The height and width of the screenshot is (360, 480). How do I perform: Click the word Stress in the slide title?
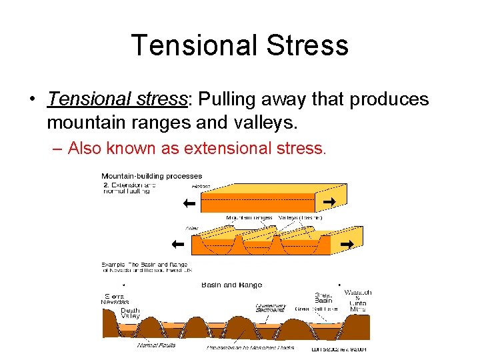pos(308,45)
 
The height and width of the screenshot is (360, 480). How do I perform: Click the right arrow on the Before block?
pos(328,201)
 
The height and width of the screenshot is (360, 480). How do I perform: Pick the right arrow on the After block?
pos(346,245)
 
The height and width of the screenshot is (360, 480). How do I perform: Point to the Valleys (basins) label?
pos(300,217)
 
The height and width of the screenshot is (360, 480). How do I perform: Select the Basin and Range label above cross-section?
pos(231,285)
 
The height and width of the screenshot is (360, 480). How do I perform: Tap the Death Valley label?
pos(130,313)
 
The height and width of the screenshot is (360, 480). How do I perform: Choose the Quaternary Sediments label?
pos(271,308)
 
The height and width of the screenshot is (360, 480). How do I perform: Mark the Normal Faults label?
pos(156,345)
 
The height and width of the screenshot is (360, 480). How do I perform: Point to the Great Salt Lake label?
pos(317,309)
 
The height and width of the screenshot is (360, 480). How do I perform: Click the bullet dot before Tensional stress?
pos(32,100)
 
